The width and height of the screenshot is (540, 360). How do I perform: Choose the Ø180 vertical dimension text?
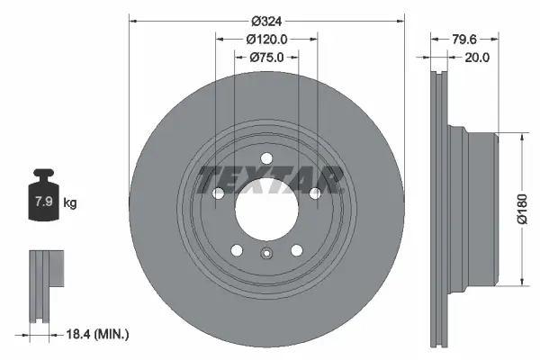coord(520,211)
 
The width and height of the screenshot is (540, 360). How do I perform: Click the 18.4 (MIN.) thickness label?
coord(98,334)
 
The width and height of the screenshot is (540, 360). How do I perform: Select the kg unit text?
coord(69,202)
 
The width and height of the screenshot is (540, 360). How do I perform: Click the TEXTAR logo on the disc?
coord(270,179)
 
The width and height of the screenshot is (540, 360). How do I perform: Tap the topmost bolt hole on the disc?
coord(266,160)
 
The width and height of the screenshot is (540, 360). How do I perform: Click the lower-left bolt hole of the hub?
coord(236,251)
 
